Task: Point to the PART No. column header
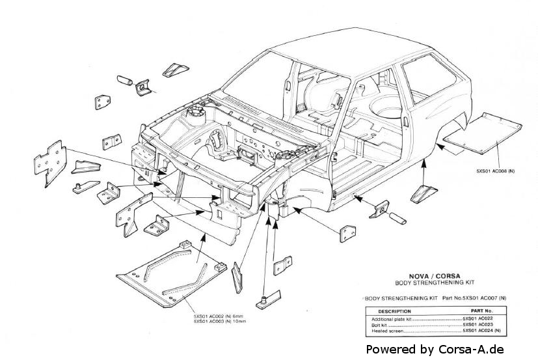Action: pyautogui.click(x=479, y=311)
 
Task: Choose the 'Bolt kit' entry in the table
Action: pyautogui.click(x=379, y=324)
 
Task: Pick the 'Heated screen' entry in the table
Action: pyautogui.click(x=384, y=331)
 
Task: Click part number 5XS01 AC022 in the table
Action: pyautogui.click(x=477, y=318)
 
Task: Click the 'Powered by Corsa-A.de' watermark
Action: pyautogui.click(x=435, y=349)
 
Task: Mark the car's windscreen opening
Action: pyautogui.click(x=260, y=81)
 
